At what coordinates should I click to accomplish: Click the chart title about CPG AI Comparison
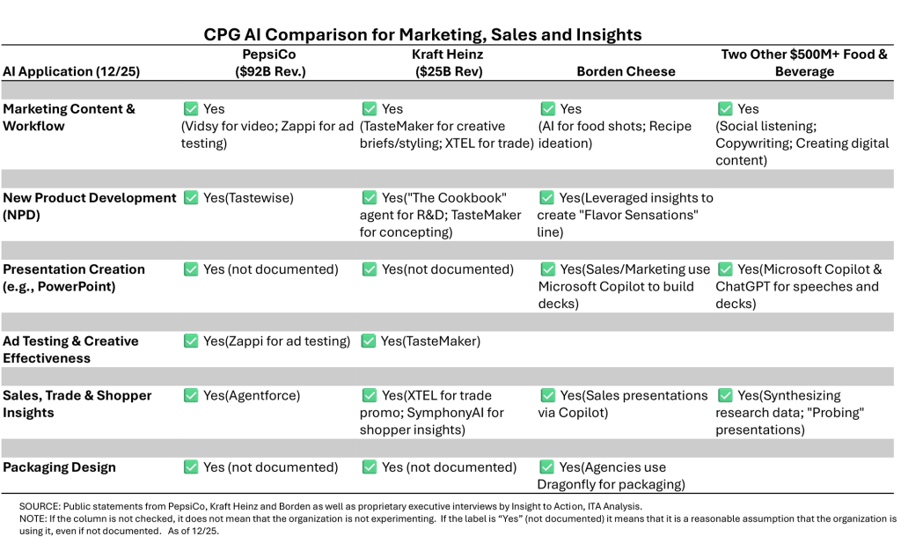point(422,35)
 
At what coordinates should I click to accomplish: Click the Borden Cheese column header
point(626,71)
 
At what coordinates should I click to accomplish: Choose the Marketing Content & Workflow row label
point(70,117)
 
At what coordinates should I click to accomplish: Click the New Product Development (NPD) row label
point(89,206)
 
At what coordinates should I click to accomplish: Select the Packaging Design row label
point(59,467)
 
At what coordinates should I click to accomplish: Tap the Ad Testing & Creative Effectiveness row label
point(70,349)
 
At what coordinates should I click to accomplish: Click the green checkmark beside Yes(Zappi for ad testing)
point(191,341)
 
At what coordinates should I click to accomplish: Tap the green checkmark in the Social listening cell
point(725,109)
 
